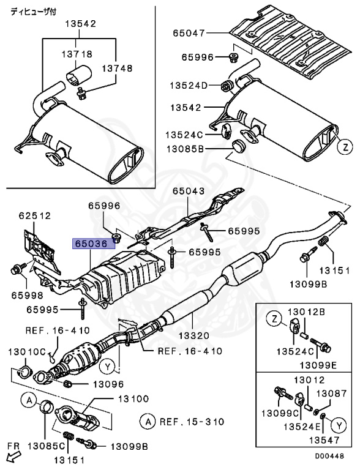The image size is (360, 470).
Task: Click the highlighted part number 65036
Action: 92,243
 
